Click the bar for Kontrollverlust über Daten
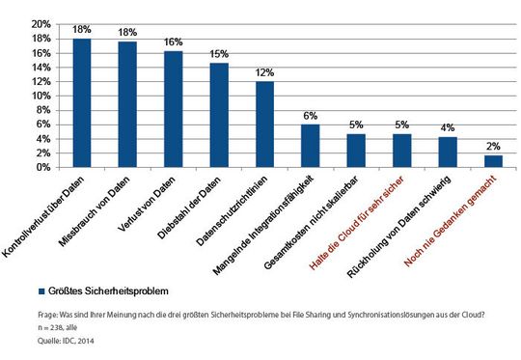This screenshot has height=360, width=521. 82,103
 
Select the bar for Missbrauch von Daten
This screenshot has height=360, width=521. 127,104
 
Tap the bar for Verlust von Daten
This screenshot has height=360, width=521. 173,109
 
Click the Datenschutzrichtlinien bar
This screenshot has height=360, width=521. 264,125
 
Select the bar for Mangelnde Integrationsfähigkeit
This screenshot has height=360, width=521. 310,146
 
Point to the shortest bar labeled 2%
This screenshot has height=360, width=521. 492,160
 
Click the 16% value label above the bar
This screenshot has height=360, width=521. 174,42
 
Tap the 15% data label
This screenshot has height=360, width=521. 219,55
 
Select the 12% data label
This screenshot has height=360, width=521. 264,73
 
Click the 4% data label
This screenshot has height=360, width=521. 447,129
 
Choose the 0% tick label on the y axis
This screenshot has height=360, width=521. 43,167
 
